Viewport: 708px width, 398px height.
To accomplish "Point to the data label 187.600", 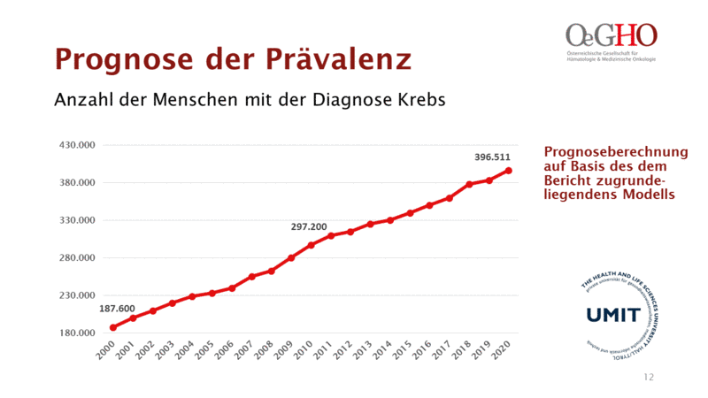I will (117, 308).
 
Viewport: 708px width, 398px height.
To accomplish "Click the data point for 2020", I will (508, 171).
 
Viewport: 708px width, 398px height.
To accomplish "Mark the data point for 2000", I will (113, 327).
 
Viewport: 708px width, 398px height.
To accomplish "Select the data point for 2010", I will (311, 245).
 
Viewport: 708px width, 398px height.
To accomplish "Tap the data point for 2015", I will (410, 213).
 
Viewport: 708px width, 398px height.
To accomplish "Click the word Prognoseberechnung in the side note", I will (602, 151).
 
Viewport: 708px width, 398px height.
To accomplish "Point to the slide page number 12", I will (649, 378).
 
